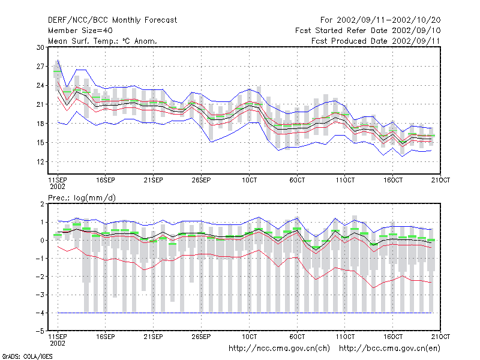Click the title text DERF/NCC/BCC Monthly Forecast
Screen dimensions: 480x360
(112, 20)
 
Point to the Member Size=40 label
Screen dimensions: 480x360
(80, 31)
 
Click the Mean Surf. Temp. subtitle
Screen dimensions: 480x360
(103, 41)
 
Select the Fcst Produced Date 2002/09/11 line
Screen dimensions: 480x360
(376, 41)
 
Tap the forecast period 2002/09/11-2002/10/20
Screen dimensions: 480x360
(389, 20)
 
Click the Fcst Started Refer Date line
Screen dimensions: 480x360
(368, 31)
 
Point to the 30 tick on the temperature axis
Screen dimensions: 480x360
(40, 47)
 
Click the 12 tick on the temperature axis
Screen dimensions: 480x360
(40, 161)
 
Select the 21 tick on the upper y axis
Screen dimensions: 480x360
(40, 104)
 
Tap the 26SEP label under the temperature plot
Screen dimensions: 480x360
(201, 180)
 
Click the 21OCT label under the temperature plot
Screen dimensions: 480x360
(440, 180)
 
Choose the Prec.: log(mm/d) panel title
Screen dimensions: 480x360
(82, 198)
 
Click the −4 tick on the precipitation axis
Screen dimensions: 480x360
(40, 313)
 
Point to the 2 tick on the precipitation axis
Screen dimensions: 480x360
(42, 204)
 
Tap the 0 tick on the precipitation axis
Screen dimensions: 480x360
(42, 241)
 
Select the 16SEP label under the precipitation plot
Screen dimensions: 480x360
(106, 337)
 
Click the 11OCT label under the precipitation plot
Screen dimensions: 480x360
(345, 337)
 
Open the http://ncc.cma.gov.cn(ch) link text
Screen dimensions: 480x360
(279, 349)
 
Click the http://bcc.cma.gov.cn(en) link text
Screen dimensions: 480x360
(389, 349)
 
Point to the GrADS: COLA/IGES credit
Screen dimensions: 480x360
(27, 356)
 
